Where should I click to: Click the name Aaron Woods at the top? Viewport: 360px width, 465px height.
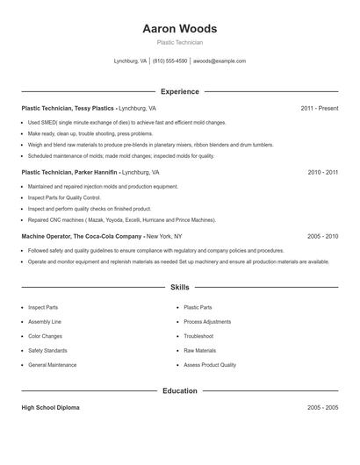[x=179, y=29]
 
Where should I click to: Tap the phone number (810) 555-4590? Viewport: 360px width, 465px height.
[x=169, y=61]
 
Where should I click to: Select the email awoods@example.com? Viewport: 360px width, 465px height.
[x=220, y=61]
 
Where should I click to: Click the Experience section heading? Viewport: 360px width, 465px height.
[x=179, y=91]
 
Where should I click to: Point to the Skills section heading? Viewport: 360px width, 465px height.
[x=179, y=287]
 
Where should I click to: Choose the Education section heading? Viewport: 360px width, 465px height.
[x=179, y=390]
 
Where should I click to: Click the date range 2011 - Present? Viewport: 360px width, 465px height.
[x=319, y=108]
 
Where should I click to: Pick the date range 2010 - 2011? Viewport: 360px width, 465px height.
[x=322, y=173]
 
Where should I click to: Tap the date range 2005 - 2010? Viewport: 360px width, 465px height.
[x=322, y=237]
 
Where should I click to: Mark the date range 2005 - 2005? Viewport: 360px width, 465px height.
[x=322, y=408]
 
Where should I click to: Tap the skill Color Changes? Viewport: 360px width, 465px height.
[x=45, y=336]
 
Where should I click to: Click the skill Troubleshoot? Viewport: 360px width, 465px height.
[x=198, y=336]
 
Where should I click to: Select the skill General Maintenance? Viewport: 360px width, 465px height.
[x=52, y=365]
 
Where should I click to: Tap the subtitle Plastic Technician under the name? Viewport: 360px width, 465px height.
[x=179, y=42]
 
